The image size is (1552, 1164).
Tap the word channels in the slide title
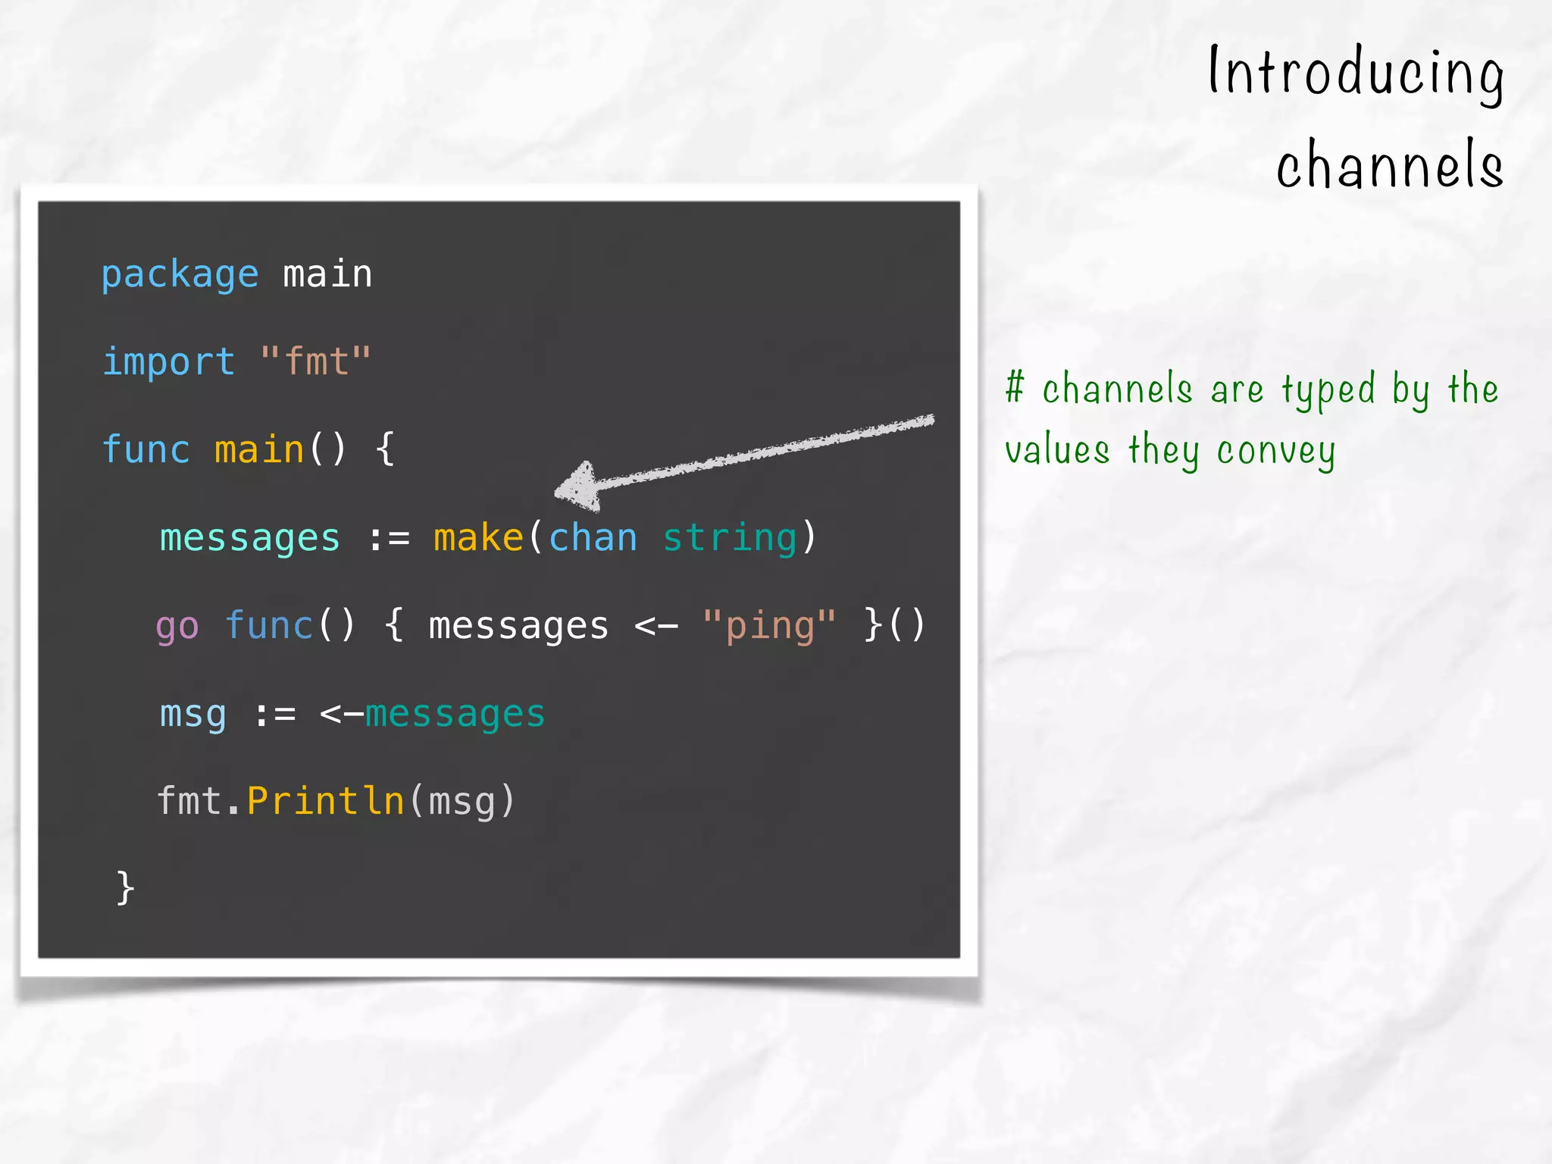(1389, 165)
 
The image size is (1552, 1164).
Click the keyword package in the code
(180, 274)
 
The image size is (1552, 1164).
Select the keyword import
(168, 361)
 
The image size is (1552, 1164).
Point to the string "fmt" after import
(315, 361)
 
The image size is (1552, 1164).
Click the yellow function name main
(259, 449)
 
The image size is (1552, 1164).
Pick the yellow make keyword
(478, 538)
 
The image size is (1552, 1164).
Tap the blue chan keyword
(593, 538)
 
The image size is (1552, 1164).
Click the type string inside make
(729, 538)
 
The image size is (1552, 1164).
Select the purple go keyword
(177, 627)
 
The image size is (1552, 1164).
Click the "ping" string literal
(768, 626)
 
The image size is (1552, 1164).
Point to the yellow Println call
(326, 801)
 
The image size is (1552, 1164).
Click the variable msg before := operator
(192, 715)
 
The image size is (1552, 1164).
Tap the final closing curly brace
(125, 887)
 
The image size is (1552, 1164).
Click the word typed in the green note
(1328, 391)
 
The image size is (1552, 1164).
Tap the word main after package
(327, 274)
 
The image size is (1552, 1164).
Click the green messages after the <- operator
(455, 715)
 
